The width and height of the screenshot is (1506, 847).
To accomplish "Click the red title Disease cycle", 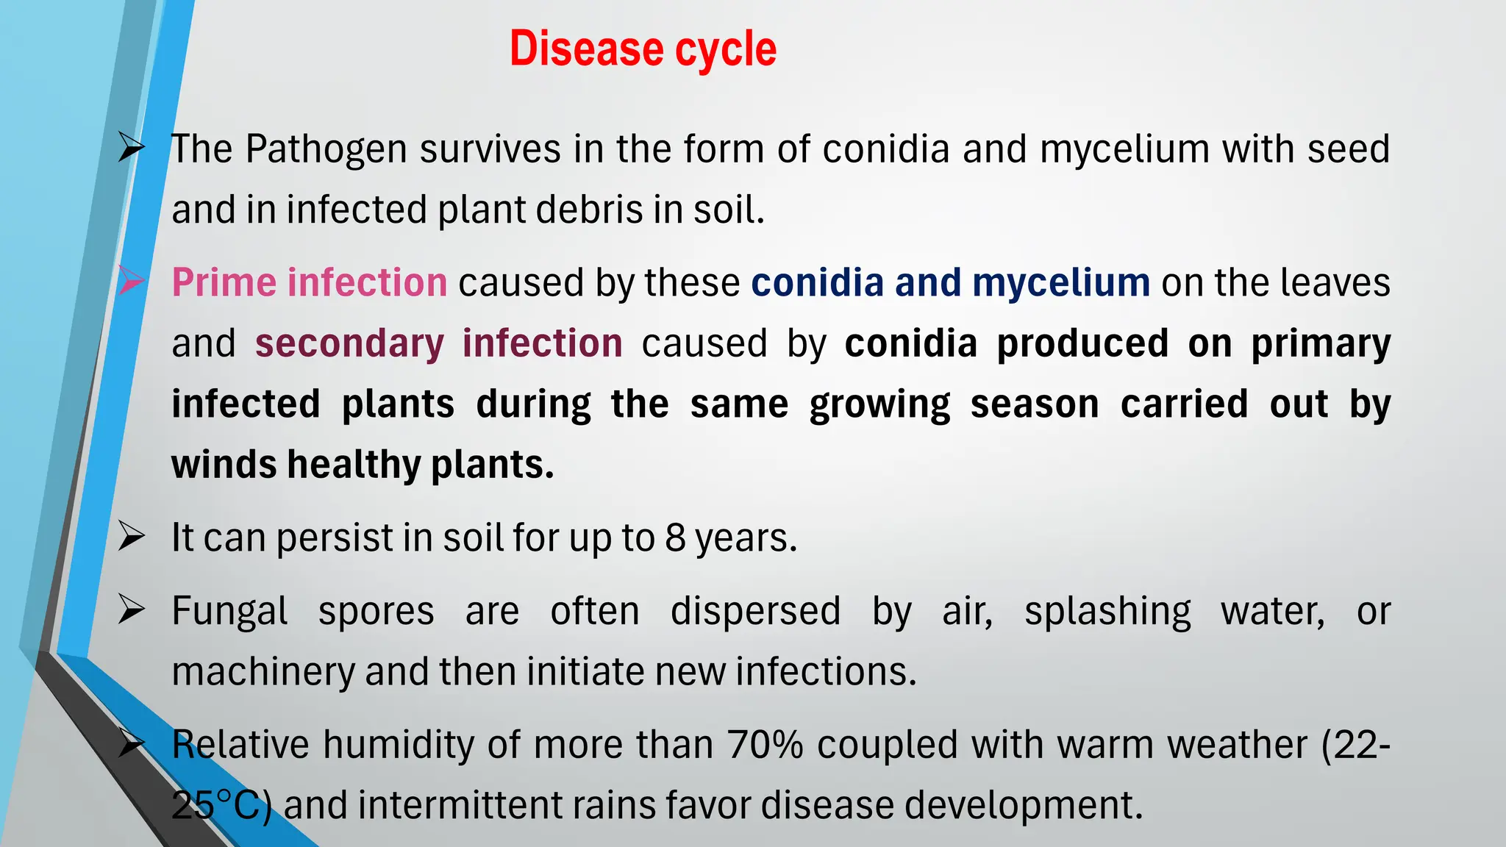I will click(643, 49).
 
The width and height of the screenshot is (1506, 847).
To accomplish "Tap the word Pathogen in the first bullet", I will click(326, 149).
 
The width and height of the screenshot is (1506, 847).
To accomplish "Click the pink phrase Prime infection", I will click(310, 282).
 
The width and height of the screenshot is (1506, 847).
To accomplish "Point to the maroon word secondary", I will click(349, 343).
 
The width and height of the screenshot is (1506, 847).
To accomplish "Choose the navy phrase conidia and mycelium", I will click(950, 282).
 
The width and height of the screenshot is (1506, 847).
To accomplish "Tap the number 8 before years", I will click(675, 537).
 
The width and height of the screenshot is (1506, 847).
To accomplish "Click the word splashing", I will click(1107, 612).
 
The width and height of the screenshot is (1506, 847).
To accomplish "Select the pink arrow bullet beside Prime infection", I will click(131, 281).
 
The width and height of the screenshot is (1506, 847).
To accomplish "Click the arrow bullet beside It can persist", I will click(131, 536).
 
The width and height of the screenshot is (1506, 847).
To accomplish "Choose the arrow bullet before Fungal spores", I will click(131, 610).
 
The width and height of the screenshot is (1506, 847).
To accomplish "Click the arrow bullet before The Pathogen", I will click(131, 148).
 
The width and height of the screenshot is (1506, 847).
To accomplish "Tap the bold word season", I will click(1035, 404).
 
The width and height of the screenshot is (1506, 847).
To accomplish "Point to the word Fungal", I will click(229, 612).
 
